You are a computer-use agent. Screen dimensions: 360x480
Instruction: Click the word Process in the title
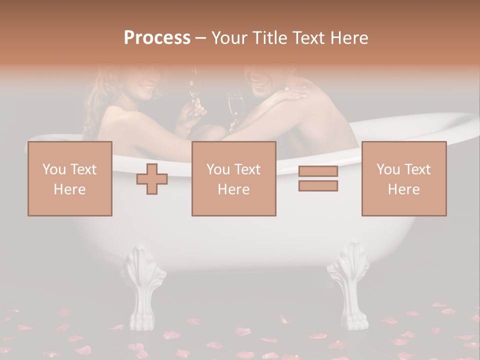[157, 38]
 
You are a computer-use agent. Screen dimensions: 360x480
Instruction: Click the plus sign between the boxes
[152, 179]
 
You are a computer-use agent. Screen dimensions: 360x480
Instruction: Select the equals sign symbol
[318, 178]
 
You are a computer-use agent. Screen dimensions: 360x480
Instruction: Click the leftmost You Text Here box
[70, 178]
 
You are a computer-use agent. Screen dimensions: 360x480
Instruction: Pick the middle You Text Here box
[233, 178]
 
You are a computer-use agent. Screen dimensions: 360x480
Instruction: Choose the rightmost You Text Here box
[404, 178]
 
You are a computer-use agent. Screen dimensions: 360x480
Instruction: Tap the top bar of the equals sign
[318, 171]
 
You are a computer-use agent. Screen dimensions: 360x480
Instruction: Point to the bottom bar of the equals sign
[318, 186]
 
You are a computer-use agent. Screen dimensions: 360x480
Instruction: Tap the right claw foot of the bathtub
[350, 285]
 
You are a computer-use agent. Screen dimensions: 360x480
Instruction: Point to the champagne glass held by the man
[235, 105]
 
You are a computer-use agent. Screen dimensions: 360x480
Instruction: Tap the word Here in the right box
[404, 189]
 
